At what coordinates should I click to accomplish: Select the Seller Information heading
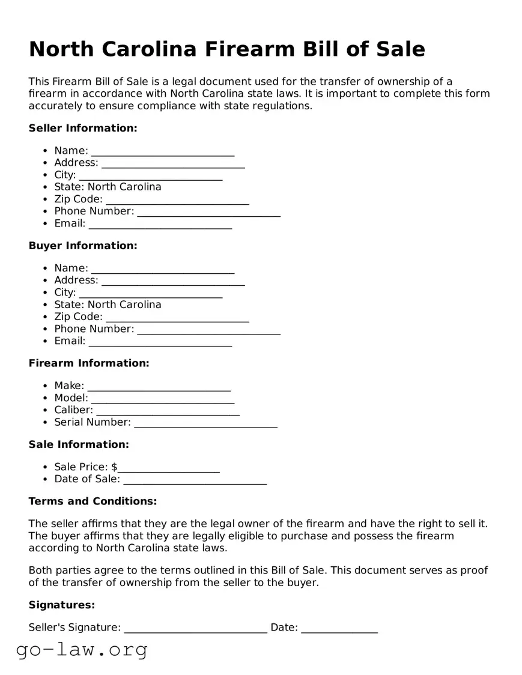tap(83, 128)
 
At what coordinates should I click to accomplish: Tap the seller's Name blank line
tap(163, 151)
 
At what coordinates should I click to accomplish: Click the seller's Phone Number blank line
tap(208, 212)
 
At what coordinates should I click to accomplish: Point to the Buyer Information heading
tap(83, 246)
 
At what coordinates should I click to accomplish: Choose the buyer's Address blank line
tap(173, 281)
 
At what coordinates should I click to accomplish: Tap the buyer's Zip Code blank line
tap(177, 318)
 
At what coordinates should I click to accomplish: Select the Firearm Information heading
tap(89, 363)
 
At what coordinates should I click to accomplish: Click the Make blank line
tap(159, 387)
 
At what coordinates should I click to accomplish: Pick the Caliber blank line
tap(168, 411)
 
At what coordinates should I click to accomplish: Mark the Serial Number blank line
tap(205, 423)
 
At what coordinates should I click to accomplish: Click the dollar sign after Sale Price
tap(115, 467)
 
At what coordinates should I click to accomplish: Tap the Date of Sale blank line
tap(195, 480)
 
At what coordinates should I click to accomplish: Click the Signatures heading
tap(62, 605)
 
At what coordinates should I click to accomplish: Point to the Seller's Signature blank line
tap(195, 629)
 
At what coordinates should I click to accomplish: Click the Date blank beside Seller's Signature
tap(339, 629)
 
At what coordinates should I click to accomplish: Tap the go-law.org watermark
tap(82, 650)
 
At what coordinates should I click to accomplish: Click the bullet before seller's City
tap(45, 175)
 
